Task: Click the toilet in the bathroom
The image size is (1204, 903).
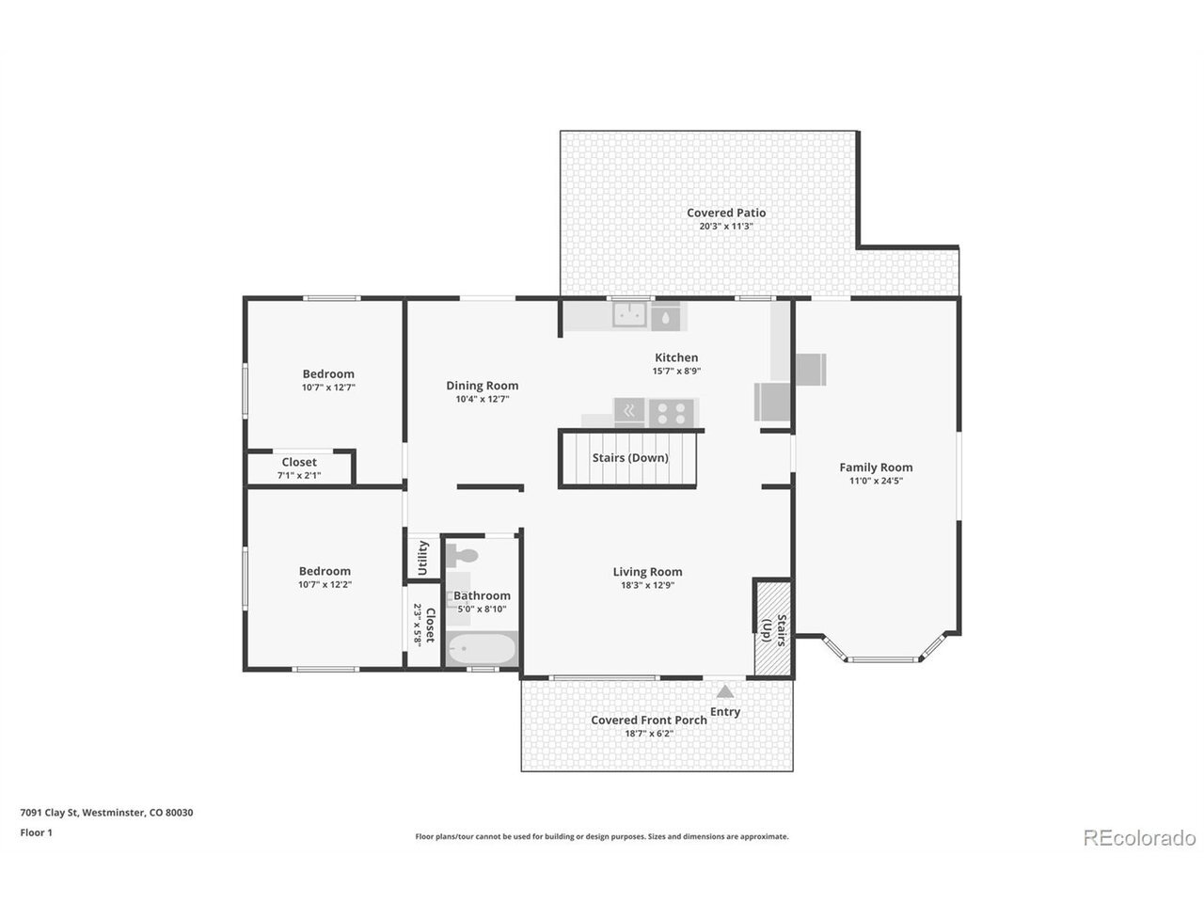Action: (x=461, y=556)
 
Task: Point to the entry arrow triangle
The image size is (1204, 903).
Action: (x=724, y=691)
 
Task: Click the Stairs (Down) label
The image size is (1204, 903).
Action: (x=630, y=458)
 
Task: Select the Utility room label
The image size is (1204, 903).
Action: (x=422, y=558)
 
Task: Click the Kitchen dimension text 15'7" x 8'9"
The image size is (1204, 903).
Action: (x=676, y=372)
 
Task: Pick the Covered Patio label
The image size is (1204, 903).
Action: (x=726, y=213)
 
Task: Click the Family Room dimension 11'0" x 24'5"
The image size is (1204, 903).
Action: (x=876, y=482)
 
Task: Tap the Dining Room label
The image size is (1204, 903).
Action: (x=483, y=386)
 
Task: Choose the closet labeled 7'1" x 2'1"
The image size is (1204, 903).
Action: (x=299, y=468)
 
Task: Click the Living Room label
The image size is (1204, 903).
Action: (x=648, y=572)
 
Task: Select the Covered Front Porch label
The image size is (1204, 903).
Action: (x=649, y=720)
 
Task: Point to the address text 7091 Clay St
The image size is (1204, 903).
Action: (x=49, y=813)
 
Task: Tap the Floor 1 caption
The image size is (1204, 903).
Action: (x=36, y=832)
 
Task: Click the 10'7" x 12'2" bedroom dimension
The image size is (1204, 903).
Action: (x=325, y=585)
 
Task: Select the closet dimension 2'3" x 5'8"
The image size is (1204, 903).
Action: (x=418, y=625)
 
